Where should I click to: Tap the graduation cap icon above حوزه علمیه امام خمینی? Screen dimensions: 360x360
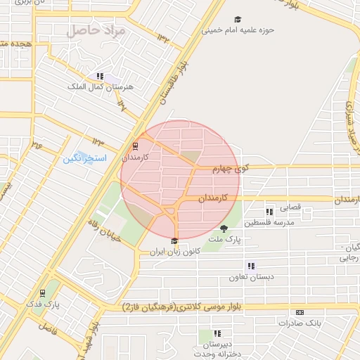click(x=238, y=20)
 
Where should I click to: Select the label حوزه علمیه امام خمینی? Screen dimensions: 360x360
click(x=238, y=31)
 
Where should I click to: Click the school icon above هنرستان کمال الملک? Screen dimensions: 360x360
click(x=100, y=76)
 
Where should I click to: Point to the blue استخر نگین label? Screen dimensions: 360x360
click(x=85, y=158)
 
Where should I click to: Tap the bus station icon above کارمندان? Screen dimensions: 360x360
click(x=135, y=148)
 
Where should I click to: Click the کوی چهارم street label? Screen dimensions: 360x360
click(x=232, y=168)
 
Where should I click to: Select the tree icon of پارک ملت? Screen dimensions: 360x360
click(x=224, y=229)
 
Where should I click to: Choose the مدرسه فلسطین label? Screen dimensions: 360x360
click(x=270, y=223)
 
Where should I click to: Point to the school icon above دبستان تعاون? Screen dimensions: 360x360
click(x=250, y=266)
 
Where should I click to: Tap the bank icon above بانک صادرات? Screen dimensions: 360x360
click(x=300, y=313)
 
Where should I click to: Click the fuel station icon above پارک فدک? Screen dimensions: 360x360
click(x=44, y=292)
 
